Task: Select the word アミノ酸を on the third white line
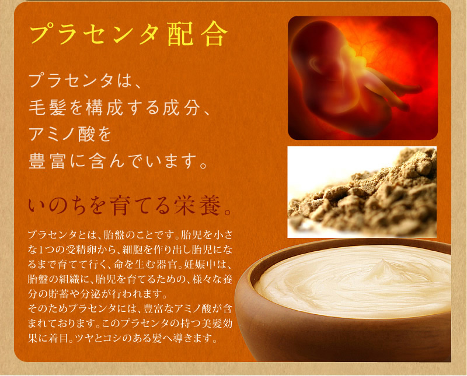point(70,134)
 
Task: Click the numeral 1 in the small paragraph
point(41,250)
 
